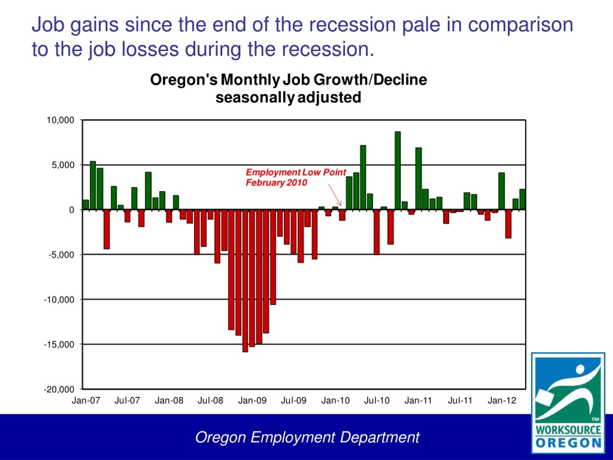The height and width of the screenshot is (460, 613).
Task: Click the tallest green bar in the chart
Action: pyautogui.click(x=398, y=171)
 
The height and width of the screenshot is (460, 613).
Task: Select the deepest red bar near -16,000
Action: pyautogui.click(x=245, y=281)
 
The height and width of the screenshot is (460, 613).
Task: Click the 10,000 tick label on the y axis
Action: pyautogui.click(x=60, y=120)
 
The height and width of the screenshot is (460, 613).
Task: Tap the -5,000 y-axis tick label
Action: pyautogui.click(x=62, y=254)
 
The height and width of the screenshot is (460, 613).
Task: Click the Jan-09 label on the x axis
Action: pyautogui.click(x=252, y=400)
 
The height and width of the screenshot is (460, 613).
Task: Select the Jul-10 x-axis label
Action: pyautogui.click(x=377, y=400)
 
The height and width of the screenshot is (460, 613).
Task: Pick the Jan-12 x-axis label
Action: pyautogui.click(x=502, y=400)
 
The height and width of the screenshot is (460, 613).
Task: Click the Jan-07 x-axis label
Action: pyautogui.click(x=86, y=400)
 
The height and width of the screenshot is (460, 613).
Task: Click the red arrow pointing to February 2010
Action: pyautogui.click(x=335, y=195)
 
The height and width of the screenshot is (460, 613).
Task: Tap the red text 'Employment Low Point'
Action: pyautogui.click(x=296, y=172)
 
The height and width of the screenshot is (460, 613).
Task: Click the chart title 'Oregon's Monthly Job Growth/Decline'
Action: pyautogui.click(x=289, y=80)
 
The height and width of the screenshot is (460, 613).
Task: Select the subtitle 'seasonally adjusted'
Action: pyautogui.click(x=288, y=98)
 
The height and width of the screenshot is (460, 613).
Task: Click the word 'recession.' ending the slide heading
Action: pyautogui.click(x=328, y=49)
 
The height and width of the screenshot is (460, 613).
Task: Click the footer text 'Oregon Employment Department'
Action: pyautogui.click(x=307, y=437)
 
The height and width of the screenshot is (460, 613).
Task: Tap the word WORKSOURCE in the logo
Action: pyautogui.click(x=568, y=430)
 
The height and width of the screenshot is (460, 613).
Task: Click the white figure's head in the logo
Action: pyautogui.click(x=580, y=369)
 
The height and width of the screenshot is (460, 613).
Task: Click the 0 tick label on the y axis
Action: pyautogui.click(x=72, y=210)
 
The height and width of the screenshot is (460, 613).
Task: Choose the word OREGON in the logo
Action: pyautogui.click(x=568, y=443)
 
